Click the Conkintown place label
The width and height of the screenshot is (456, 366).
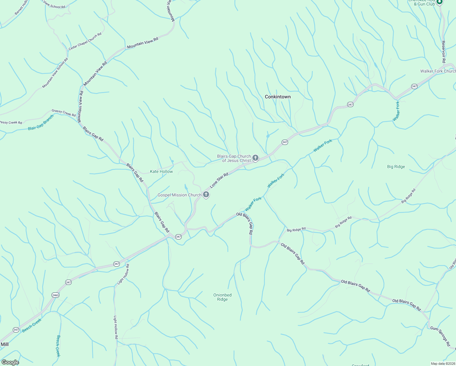point(278,97)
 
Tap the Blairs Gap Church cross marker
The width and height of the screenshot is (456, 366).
point(255,158)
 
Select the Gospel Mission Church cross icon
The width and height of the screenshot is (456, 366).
point(206,195)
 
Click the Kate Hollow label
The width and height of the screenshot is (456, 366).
point(161,171)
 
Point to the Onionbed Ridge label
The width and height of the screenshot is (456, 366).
point(223,297)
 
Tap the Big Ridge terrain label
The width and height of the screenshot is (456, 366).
point(396,167)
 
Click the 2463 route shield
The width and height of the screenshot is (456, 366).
point(55,295)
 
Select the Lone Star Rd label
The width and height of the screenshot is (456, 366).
point(219,180)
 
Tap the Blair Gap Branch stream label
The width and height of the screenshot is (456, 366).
point(41,122)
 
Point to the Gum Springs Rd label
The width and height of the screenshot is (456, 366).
point(440,336)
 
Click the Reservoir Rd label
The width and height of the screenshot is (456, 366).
point(444,52)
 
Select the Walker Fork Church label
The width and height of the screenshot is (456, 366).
point(438,71)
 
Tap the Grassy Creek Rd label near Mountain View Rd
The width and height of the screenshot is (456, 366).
point(64,113)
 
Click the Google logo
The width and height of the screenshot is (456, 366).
point(10,362)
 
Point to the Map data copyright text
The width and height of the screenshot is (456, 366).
point(443,364)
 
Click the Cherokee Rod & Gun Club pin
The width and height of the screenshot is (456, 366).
point(439,2)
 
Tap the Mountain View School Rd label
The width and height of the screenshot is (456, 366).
point(55,73)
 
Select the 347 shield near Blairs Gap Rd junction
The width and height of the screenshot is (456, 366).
point(179,237)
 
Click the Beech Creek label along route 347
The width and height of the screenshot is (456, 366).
point(31,325)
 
